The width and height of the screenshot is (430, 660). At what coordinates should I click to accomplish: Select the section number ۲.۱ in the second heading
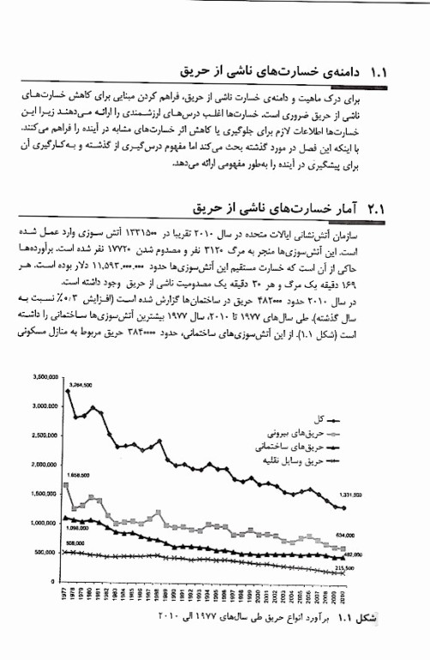377,210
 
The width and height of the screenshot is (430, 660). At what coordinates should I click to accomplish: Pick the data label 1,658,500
77,475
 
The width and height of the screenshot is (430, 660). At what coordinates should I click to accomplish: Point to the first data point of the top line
68,391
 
